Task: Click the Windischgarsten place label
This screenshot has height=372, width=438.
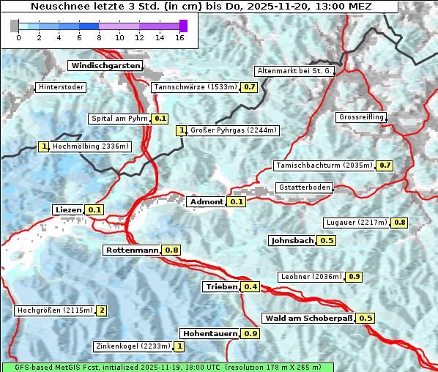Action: pos(105,66)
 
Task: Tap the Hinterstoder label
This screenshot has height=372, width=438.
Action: pos(61,87)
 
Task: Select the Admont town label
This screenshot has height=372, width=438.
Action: pos(206,201)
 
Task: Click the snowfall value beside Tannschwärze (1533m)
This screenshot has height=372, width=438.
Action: pos(250,87)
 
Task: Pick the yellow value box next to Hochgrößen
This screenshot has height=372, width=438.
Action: pos(102,310)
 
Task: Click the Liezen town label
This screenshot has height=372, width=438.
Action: pos(68,209)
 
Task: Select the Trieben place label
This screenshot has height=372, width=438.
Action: pos(221,286)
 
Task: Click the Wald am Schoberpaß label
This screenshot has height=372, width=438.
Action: pos(308,318)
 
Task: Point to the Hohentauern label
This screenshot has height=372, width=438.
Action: pos(209,333)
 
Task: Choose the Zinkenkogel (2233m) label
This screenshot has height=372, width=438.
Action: pos(133,346)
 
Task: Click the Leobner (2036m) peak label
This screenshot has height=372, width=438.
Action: pos(311,276)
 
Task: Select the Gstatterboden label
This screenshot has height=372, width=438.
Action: pos(304,187)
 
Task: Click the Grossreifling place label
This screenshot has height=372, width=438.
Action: pos(360,117)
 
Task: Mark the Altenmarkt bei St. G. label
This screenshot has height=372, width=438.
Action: pos(294,71)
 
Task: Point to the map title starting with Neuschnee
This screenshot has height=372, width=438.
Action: pos(199,6)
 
